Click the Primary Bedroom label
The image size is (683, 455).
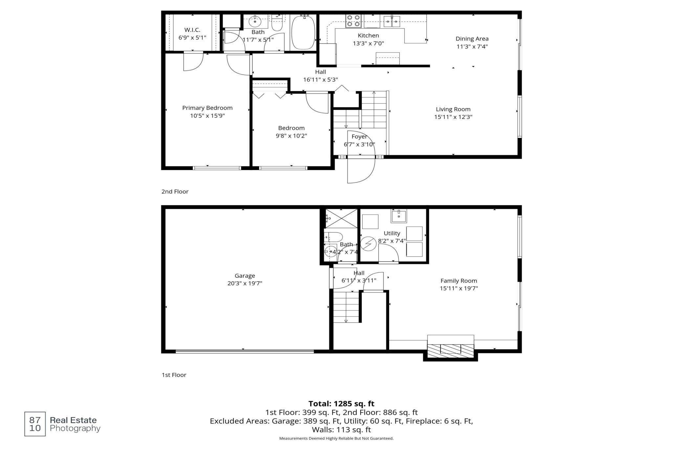pos(207,108)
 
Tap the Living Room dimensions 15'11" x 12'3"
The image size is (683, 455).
pos(453,117)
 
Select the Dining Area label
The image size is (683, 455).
pos(472,39)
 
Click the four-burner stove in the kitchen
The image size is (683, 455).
pos(353,21)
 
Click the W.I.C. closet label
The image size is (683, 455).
pos(192,30)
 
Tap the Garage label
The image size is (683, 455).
pos(245,276)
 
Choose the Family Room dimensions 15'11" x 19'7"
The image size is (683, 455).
pos(459,289)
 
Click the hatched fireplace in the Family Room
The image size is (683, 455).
pos(451,348)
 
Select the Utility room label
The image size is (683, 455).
pos(392,233)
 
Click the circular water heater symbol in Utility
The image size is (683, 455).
pos(368,244)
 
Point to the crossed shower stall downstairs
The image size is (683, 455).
pos(341,218)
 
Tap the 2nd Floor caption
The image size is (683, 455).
pos(175,191)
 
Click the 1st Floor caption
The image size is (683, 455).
pos(174,375)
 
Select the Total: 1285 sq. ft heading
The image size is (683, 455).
pos(341,403)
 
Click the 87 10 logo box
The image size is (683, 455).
pos(35,424)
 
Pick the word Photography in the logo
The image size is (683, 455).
pos(75,428)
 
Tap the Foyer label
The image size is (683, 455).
pos(359,137)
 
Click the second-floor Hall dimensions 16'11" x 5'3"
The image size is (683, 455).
pos(320,79)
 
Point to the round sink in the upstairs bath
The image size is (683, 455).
pos(254,22)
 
